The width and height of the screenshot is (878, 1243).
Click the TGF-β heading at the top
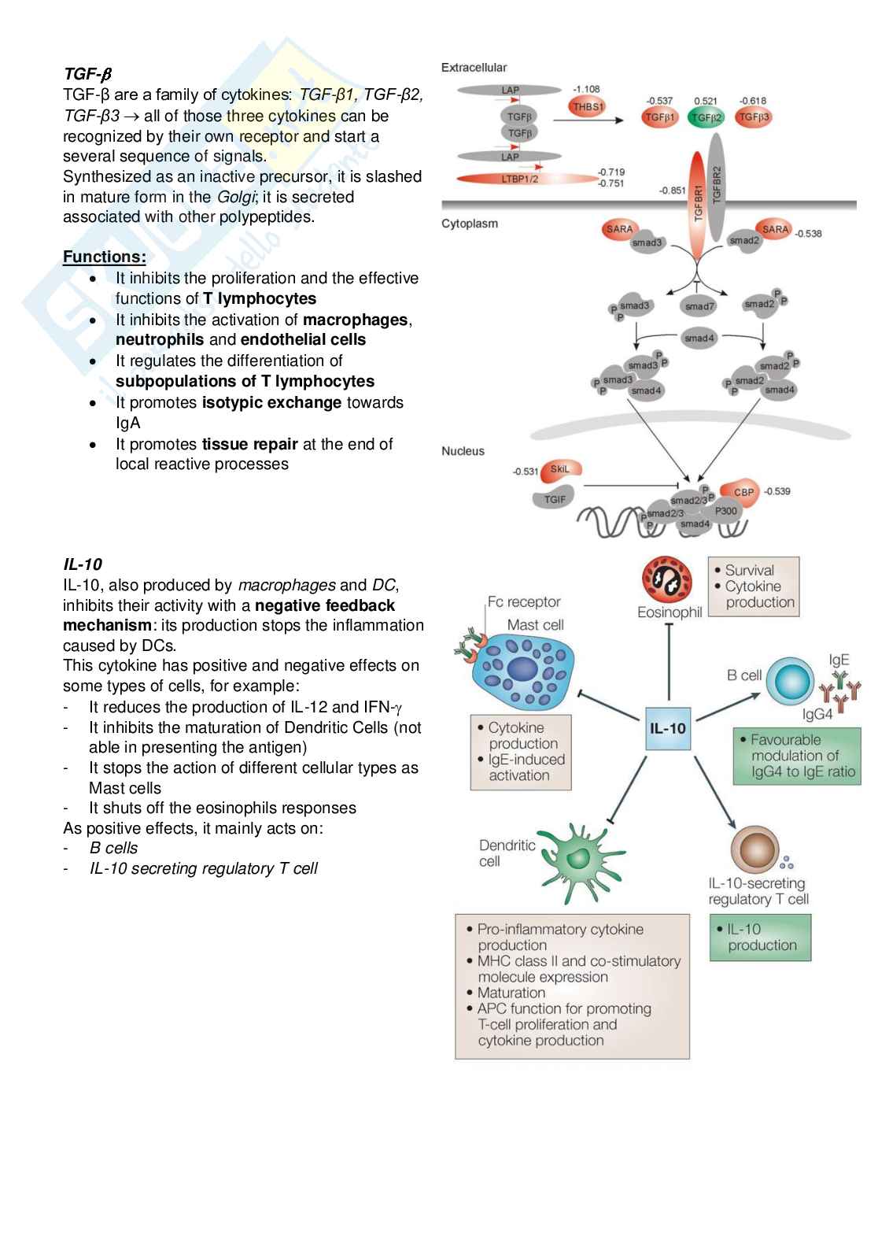point(87,74)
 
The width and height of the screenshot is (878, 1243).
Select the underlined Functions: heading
point(105,257)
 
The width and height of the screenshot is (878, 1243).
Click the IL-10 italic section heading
point(83,564)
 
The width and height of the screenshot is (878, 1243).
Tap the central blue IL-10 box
point(668,728)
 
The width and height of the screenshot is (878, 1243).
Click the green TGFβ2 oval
point(706,117)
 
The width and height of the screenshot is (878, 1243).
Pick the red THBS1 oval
point(587,106)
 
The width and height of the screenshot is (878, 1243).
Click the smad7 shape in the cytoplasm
point(699,305)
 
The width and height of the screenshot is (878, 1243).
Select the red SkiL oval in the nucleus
point(559,470)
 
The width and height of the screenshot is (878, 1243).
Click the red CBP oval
point(743,492)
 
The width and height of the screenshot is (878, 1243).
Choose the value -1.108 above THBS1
point(586,89)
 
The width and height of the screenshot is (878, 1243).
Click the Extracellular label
point(474,68)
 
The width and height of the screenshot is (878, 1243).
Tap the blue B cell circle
point(789,681)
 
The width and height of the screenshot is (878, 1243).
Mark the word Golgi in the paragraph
point(235,197)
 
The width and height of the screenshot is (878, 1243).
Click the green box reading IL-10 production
point(760,938)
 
